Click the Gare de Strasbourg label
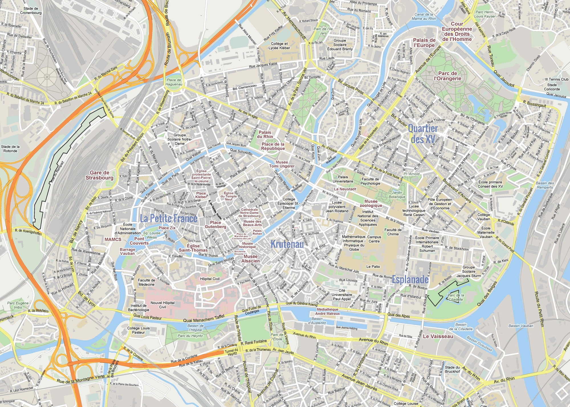tap(99, 175)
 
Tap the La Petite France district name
tap(168, 219)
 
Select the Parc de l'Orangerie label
tap(447, 76)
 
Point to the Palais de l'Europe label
tap(424, 43)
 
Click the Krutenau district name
tap(287, 244)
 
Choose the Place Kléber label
tap(201, 195)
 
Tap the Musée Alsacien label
tap(251, 259)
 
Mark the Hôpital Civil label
tap(210, 279)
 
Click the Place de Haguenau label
tap(174, 82)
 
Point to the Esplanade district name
tap(410, 279)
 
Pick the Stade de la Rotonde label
tap(10, 149)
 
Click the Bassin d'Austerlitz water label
tap(317, 321)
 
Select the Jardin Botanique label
tap(397, 195)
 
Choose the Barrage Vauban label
tap(127, 251)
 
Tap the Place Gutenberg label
tap(215, 225)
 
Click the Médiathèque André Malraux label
tap(327, 311)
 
